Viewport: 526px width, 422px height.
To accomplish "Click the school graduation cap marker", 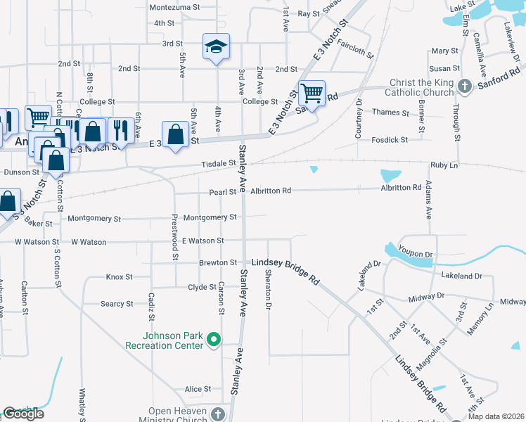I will [x=217, y=47].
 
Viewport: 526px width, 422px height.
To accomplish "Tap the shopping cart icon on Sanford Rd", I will [x=311, y=92].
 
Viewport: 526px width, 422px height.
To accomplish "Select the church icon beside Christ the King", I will [x=464, y=87].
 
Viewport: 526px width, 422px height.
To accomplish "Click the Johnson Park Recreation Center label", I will [x=164, y=340].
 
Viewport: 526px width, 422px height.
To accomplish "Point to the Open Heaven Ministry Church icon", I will [x=217, y=414].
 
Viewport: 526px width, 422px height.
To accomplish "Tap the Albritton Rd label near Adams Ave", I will [x=401, y=188].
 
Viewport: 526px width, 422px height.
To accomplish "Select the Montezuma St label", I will [x=173, y=8].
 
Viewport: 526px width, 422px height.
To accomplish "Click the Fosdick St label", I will [x=390, y=140].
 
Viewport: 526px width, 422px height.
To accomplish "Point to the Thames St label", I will [x=390, y=113].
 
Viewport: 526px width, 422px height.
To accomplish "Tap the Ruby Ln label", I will [x=444, y=165].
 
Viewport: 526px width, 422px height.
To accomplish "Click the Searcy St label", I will [x=117, y=304].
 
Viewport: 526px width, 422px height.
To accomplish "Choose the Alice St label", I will [x=198, y=389].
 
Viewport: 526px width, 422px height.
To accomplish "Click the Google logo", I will [x=23, y=414].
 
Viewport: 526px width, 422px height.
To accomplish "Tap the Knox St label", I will [x=119, y=277].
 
